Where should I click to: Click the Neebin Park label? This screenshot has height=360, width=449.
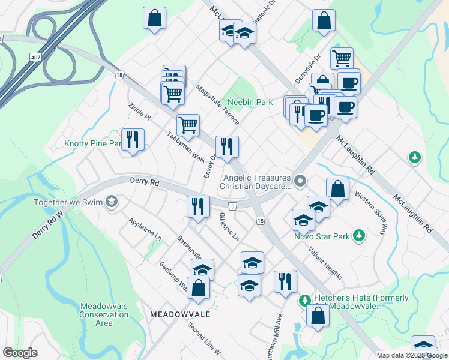pyautogui.click(x=250, y=103)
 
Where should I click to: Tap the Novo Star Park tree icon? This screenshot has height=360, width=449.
pyautogui.click(x=359, y=235)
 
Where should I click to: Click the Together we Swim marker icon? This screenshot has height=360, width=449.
pyautogui.click(x=111, y=202)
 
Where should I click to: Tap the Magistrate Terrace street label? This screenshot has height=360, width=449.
pyautogui.click(x=217, y=104)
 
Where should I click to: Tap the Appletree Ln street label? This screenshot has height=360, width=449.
pyautogui.click(x=145, y=229)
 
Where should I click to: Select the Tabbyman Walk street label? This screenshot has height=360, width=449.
pyautogui.click(x=185, y=146)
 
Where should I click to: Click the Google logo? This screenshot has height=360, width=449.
pyautogui.click(x=20, y=353)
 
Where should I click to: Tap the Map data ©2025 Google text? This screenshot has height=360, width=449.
pyautogui.click(x=412, y=355)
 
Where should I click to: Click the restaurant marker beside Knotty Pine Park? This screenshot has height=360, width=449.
pyautogui.click(x=133, y=140)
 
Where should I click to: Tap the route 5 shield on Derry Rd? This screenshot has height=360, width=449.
pyautogui.click(x=232, y=206)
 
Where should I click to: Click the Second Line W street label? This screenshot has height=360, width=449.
pyautogui.click(x=204, y=338)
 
